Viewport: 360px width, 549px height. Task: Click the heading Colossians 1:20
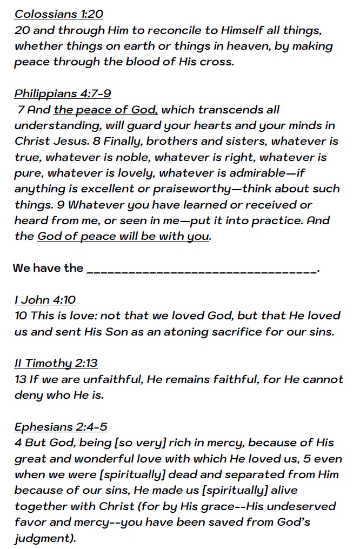point(58,14)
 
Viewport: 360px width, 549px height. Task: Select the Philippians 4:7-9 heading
point(63,93)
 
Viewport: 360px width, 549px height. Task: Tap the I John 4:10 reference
point(45,300)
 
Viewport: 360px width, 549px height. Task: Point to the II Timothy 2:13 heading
point(56,363)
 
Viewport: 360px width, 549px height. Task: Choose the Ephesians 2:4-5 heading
point(61,427)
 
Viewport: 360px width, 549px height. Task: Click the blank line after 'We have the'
point(202,269)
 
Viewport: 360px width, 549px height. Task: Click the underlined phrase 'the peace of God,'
point(105,110)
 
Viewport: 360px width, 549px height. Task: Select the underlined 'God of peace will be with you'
point(123,237)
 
